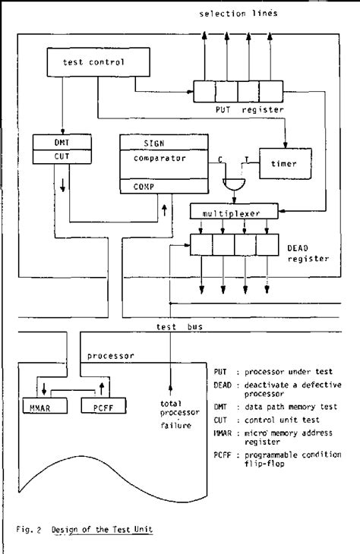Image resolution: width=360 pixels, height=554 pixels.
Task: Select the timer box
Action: click(x=280, y=162)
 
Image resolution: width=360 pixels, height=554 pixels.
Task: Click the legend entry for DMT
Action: click(x=281, y=408)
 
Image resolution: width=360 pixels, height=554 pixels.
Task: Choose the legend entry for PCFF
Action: click(x=281, y=458)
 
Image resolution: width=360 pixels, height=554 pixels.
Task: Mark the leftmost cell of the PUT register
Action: click(x=204, y=91)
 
